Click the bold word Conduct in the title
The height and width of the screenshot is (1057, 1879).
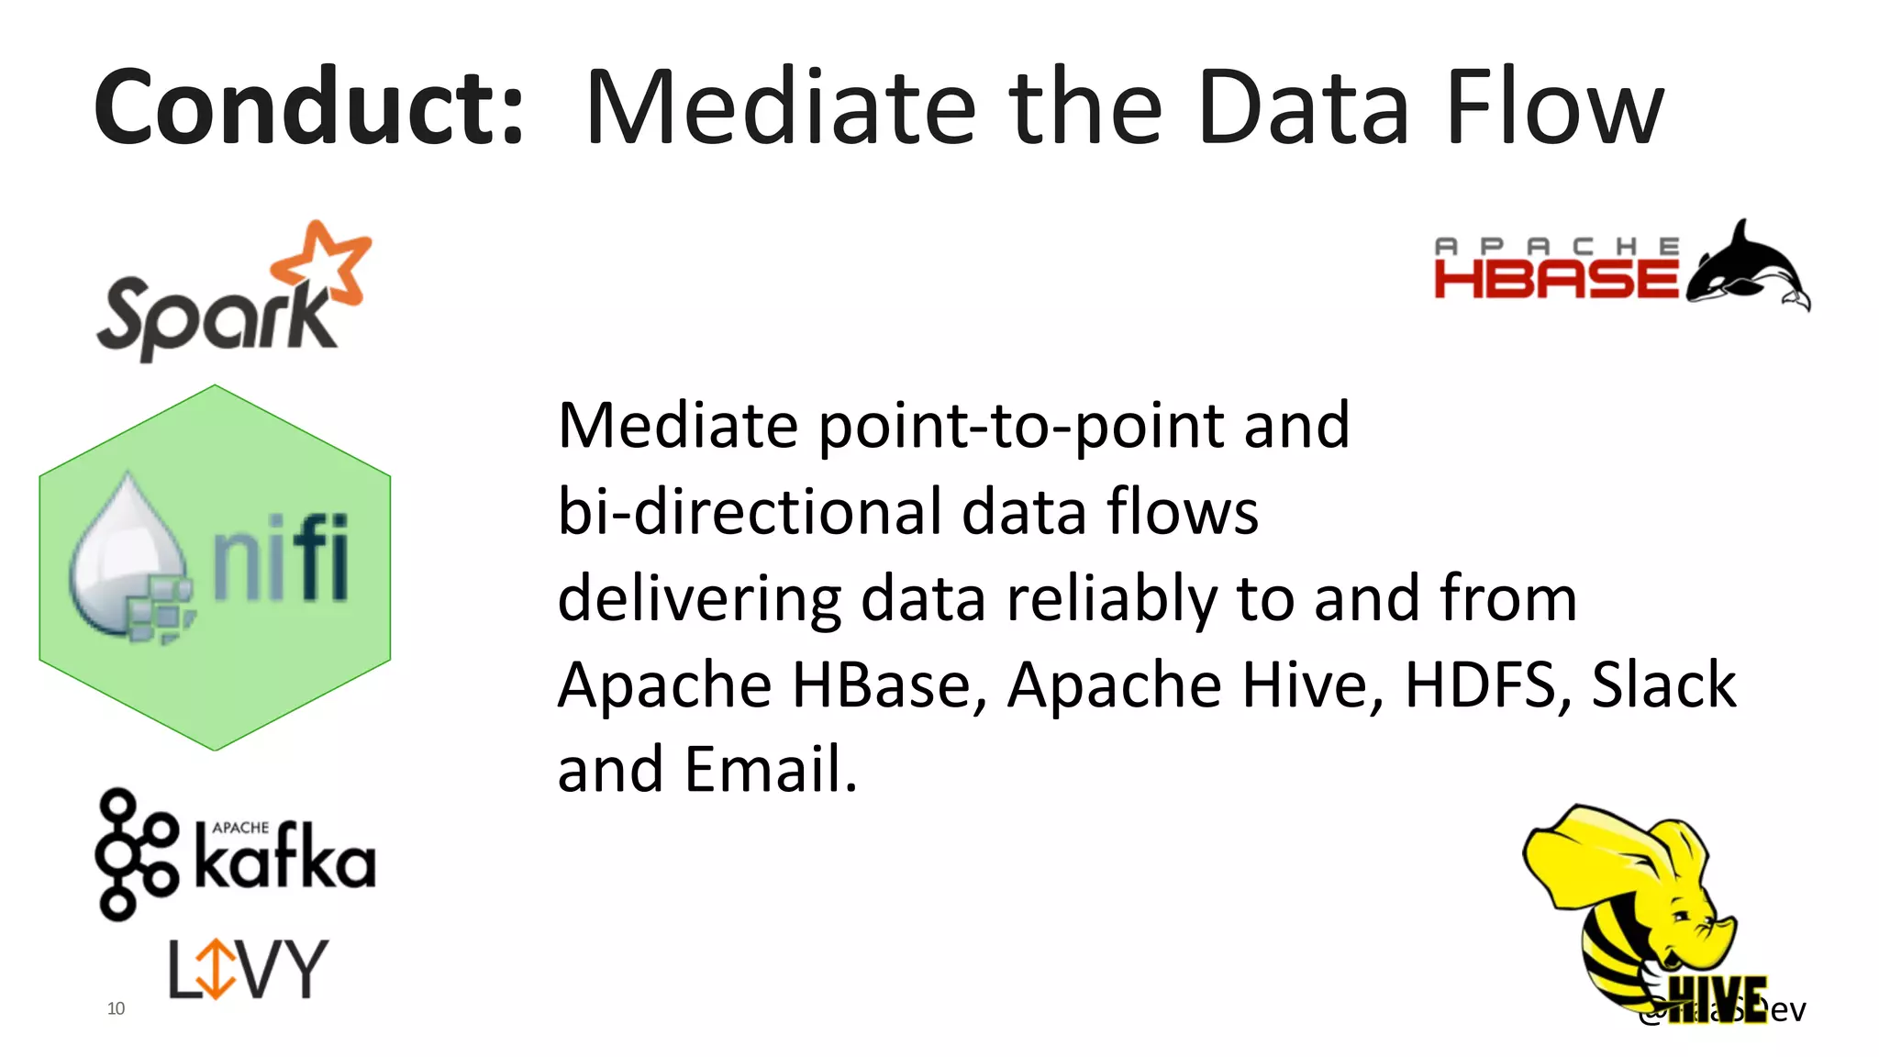pyautogui.click(x=308, y=108)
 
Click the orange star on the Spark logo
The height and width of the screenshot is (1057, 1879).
pyautogui.click(x=322, y=262)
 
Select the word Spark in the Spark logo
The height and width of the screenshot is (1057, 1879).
pyautogui.click(x=217, y=317)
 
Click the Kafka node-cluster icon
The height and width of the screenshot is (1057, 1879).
pyautogui.click(x=136, y=854)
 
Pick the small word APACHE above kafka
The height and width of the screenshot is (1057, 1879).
pyautogui.click(x=240, y=828)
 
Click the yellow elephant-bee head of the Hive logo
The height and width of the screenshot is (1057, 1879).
pyautogui.click(x=1642, y=881)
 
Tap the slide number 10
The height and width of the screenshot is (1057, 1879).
pyautogui.click(x=116, y=1008)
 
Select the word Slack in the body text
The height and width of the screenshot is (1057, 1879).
pyautogui.click(x=1662, y=684)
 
